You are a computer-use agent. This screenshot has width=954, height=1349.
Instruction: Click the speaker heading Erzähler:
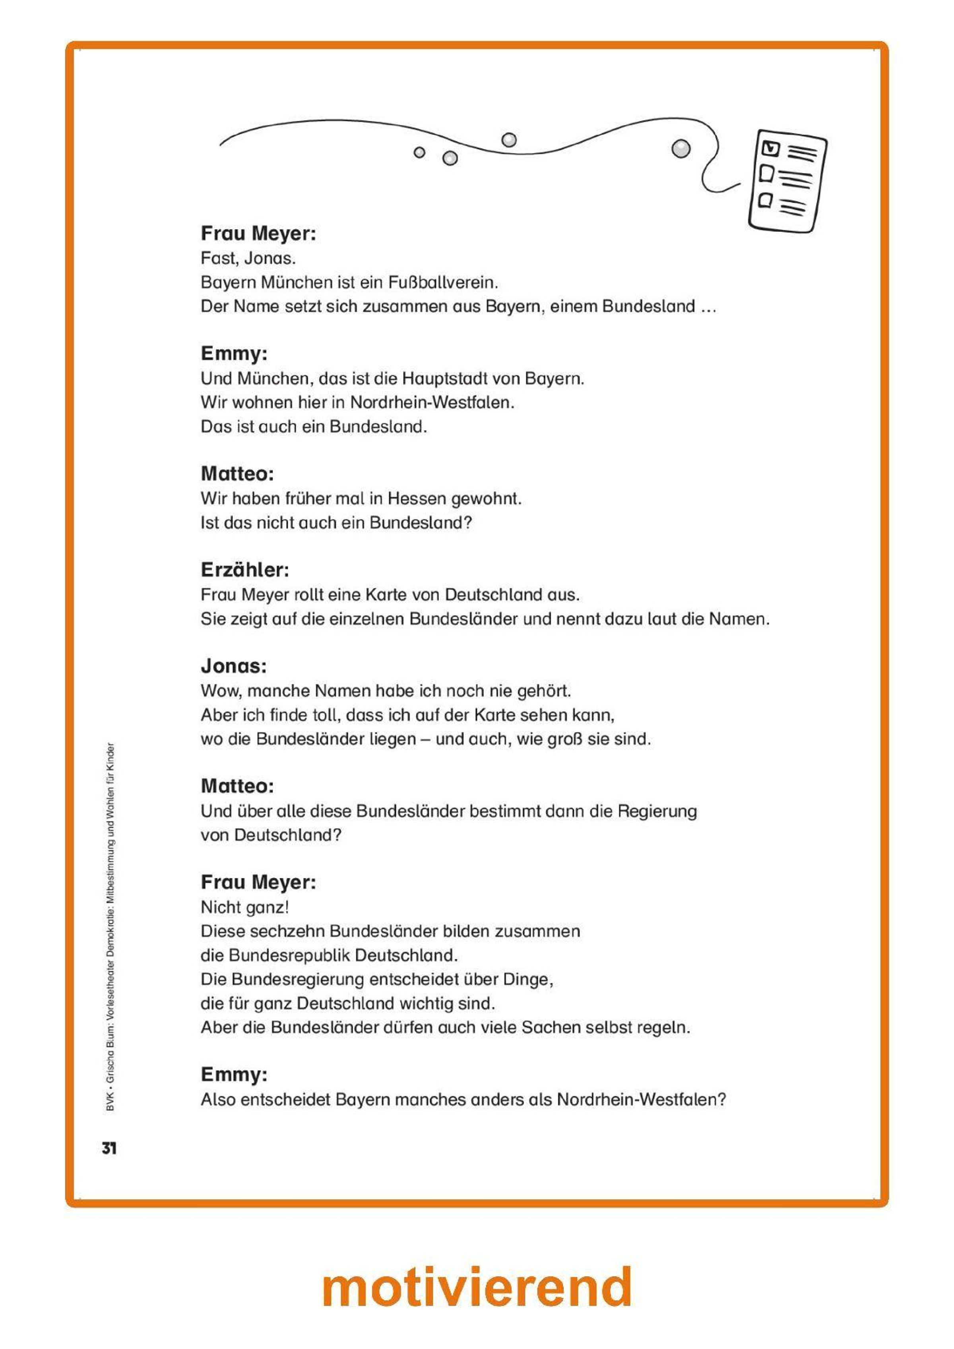[245, 570]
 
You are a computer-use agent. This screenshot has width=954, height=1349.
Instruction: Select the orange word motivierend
[477, 1286]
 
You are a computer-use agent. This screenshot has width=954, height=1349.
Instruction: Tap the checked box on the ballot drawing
[770, 148]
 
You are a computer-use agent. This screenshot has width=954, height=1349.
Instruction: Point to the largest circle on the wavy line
[680, 148]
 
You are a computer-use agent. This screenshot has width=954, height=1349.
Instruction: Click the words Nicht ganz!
[244, 907]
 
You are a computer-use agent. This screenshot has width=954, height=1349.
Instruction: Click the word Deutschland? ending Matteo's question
[287, 835]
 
